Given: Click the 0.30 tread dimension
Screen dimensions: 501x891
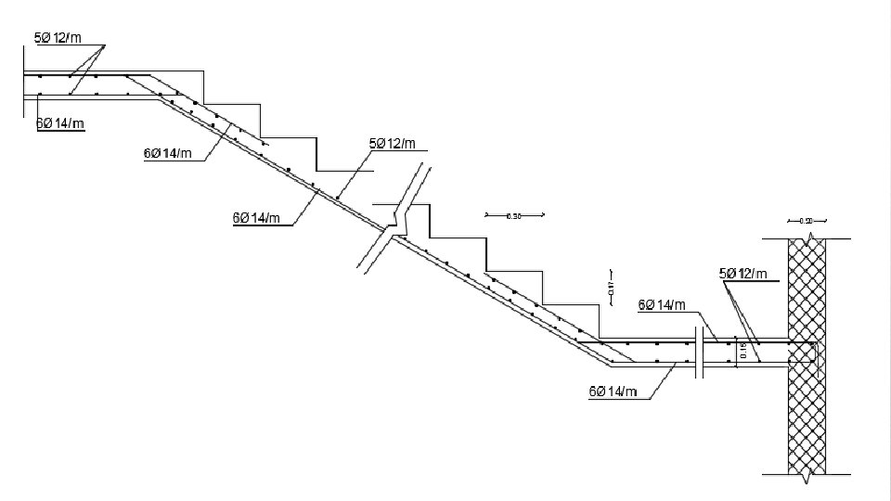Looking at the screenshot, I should tap(514, 215).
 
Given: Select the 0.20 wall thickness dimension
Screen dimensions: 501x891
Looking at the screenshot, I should tap(806, 221).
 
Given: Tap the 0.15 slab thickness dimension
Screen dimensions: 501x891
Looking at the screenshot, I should tap(742, 350).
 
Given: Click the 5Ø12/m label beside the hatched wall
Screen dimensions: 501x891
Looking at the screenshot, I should tap(743, 273).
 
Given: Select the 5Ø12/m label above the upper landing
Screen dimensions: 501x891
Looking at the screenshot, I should tap(58, 38).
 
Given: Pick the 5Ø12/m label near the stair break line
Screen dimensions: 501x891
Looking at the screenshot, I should tap(393, 143).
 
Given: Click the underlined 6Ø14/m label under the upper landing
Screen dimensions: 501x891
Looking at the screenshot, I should tap(60, 123).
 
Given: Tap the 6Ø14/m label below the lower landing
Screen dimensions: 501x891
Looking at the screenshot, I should tap(613, 392).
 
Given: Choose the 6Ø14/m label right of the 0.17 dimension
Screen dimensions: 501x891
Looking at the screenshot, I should tap(662, 304).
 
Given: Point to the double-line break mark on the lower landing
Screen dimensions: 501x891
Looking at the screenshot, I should tap(699, 353).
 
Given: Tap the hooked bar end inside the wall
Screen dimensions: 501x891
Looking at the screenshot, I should tap(812, 352).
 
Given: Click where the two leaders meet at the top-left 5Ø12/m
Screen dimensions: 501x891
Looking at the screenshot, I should tap(103, 45).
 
